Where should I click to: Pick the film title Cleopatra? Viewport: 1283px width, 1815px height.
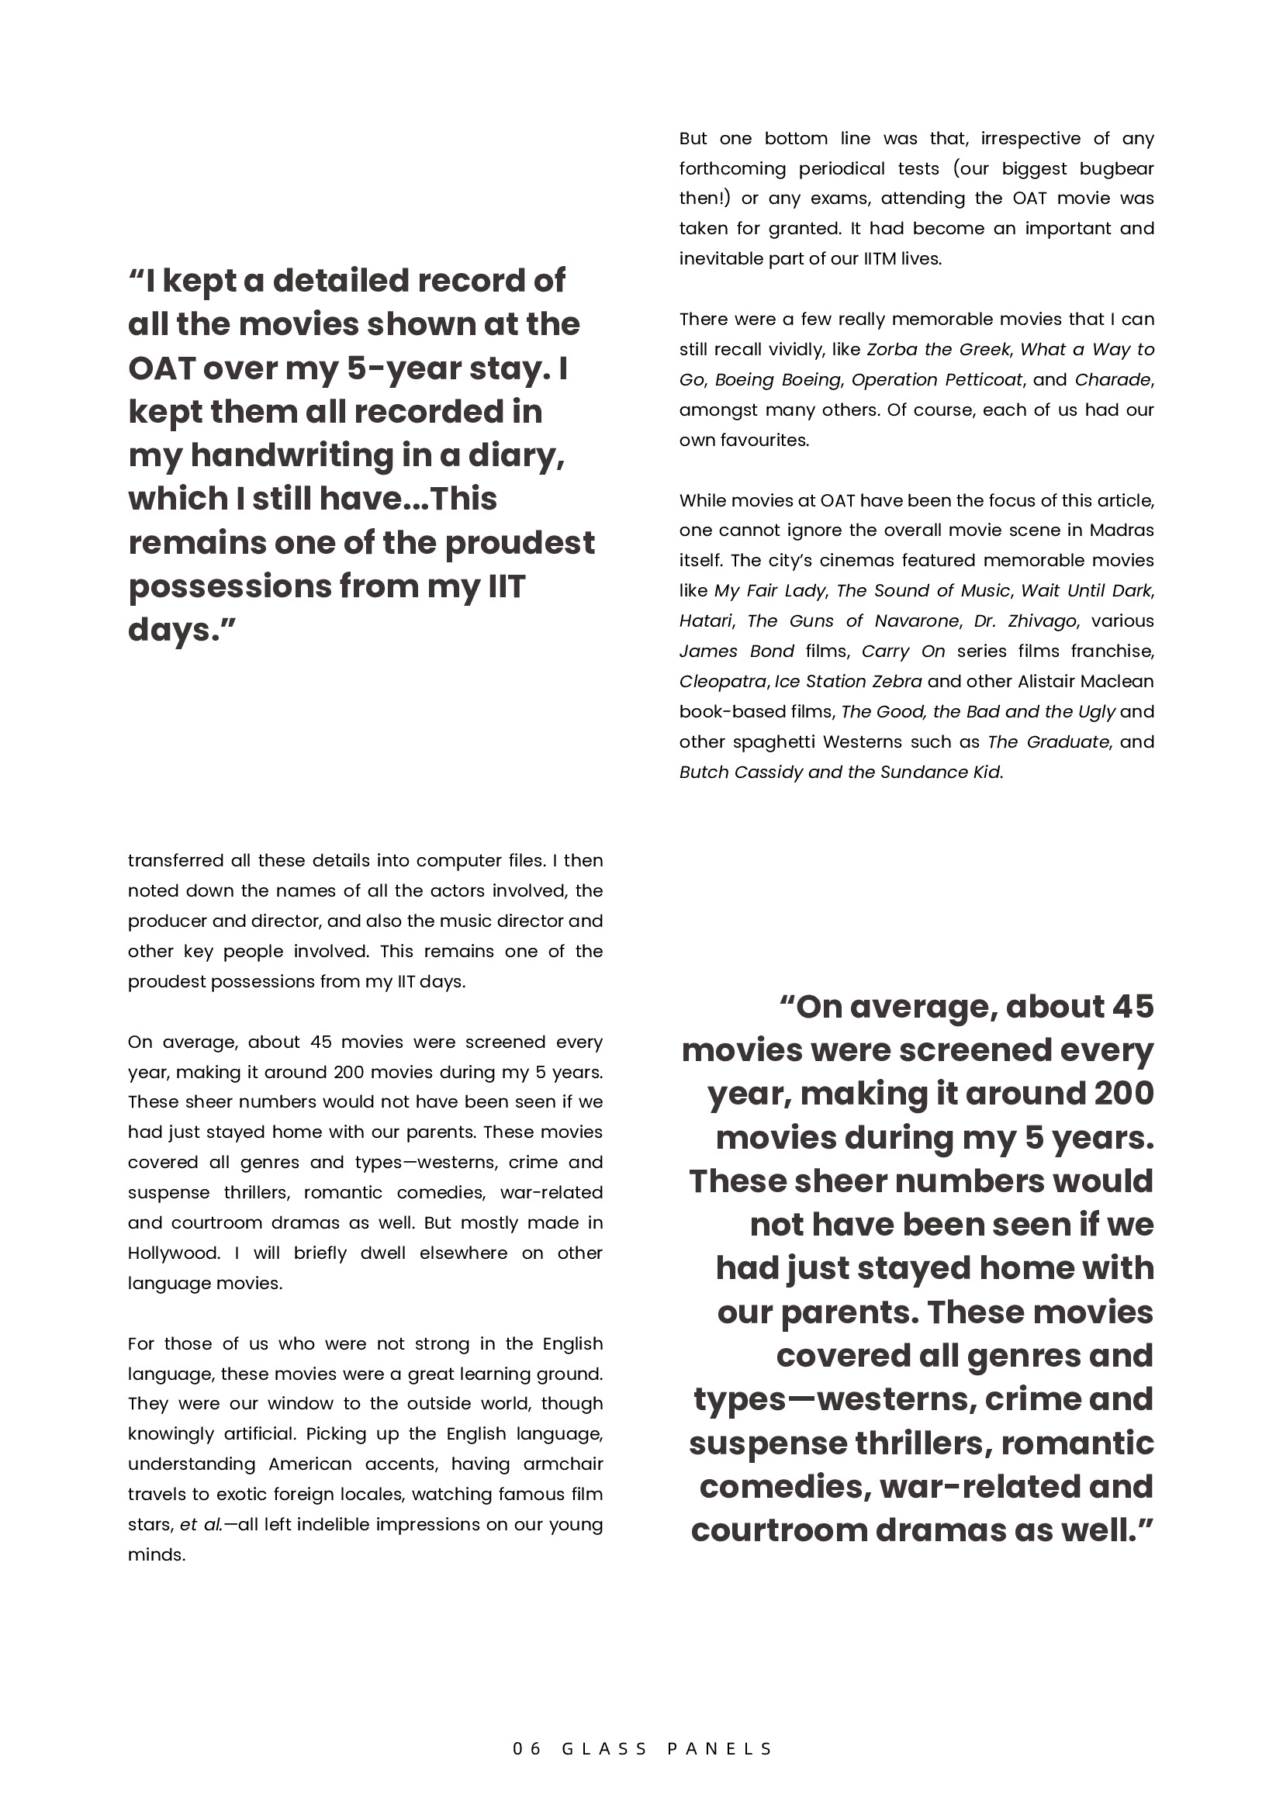pos(722,682)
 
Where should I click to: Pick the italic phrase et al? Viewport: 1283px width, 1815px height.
pos(201,1525)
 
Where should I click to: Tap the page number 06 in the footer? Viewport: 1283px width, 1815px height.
pos(527,1748)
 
